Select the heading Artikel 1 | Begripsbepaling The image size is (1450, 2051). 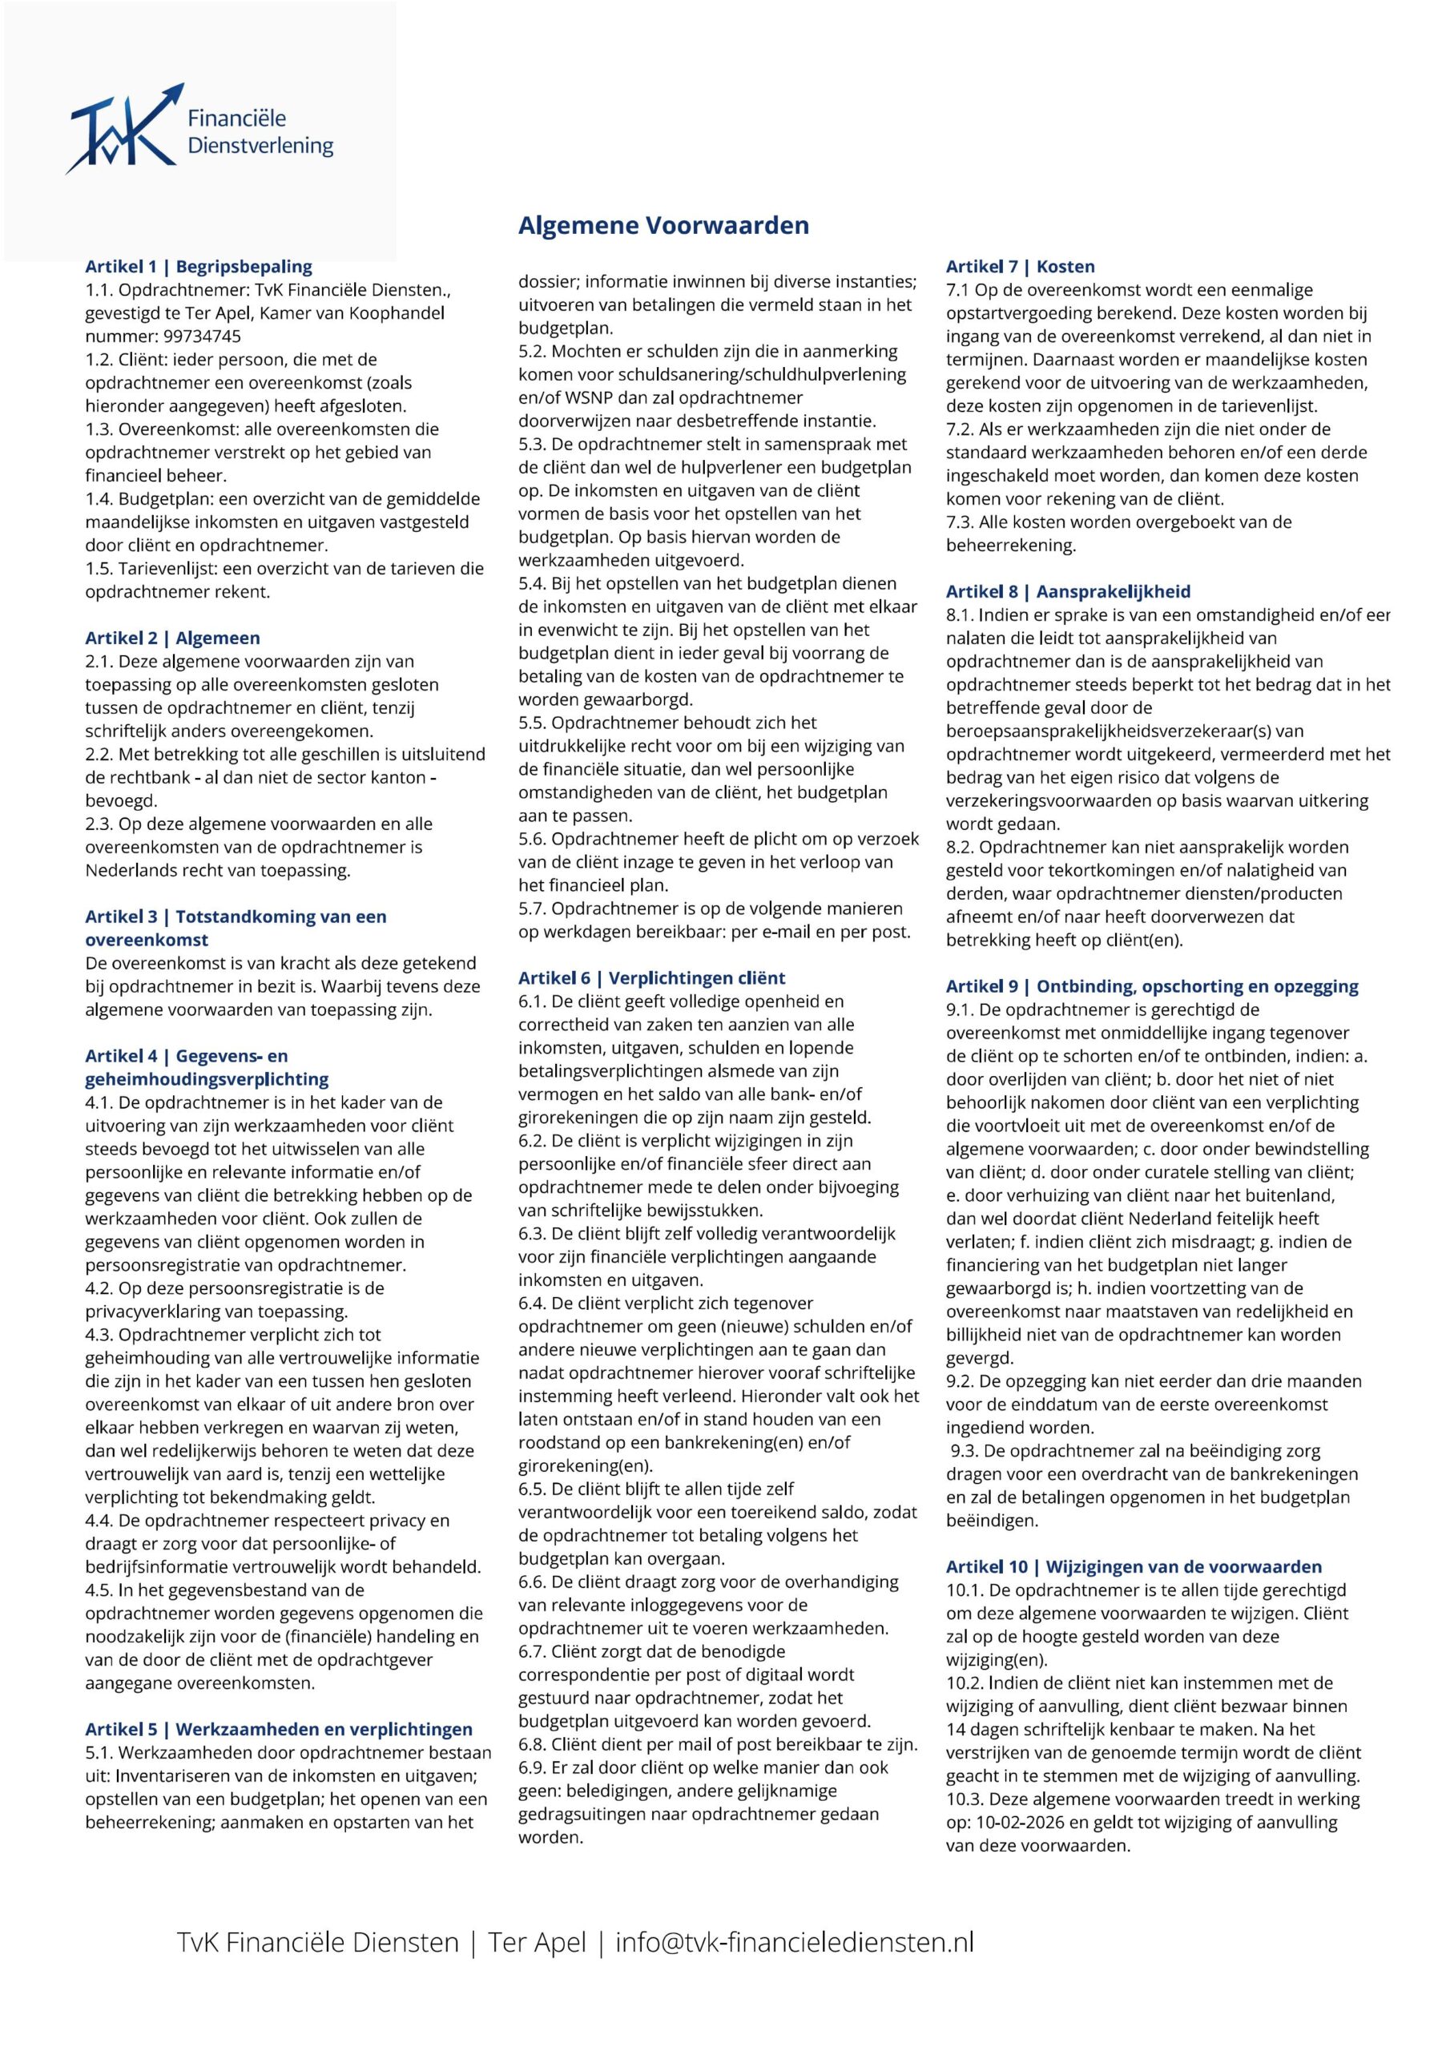point(199,266)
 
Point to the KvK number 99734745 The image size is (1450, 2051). point(202,336)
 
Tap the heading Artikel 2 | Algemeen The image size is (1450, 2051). point(172,638)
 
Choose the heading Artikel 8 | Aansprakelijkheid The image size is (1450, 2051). point(1068,591)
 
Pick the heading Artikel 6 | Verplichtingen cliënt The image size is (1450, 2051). point(651,978)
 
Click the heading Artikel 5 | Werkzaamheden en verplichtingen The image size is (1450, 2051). point(280,1730)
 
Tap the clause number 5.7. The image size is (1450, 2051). point(532,909)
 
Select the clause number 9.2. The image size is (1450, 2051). point(960,1381)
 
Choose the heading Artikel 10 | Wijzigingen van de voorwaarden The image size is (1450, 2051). point(1134,1567)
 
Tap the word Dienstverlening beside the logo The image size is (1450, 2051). point(260,146)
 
